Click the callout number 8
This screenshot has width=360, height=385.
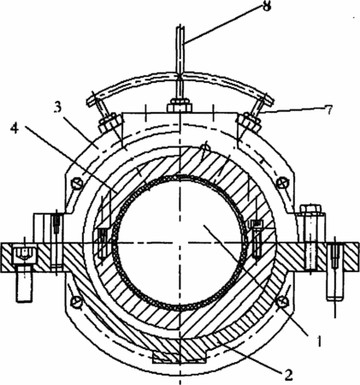[266, 6]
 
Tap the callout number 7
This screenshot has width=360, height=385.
[329, 110]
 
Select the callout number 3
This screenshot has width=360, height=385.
[57, 109]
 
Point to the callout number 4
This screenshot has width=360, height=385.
[15, 129]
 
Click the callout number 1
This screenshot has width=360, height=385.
[320, 341]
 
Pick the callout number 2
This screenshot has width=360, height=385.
[288, 375]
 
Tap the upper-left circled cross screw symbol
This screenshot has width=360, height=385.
[77, 182]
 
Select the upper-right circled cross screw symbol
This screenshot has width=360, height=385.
[282, 182]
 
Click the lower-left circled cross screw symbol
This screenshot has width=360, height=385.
[77, 300]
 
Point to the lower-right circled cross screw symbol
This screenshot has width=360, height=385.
[281, 301]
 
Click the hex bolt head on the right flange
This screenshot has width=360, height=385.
[310, 209]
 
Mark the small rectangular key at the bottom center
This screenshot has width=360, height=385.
[179, 358]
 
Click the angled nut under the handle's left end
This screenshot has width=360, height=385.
[109, 122]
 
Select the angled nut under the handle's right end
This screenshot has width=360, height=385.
[250, 122]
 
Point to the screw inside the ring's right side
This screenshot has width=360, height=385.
[256, 240]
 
